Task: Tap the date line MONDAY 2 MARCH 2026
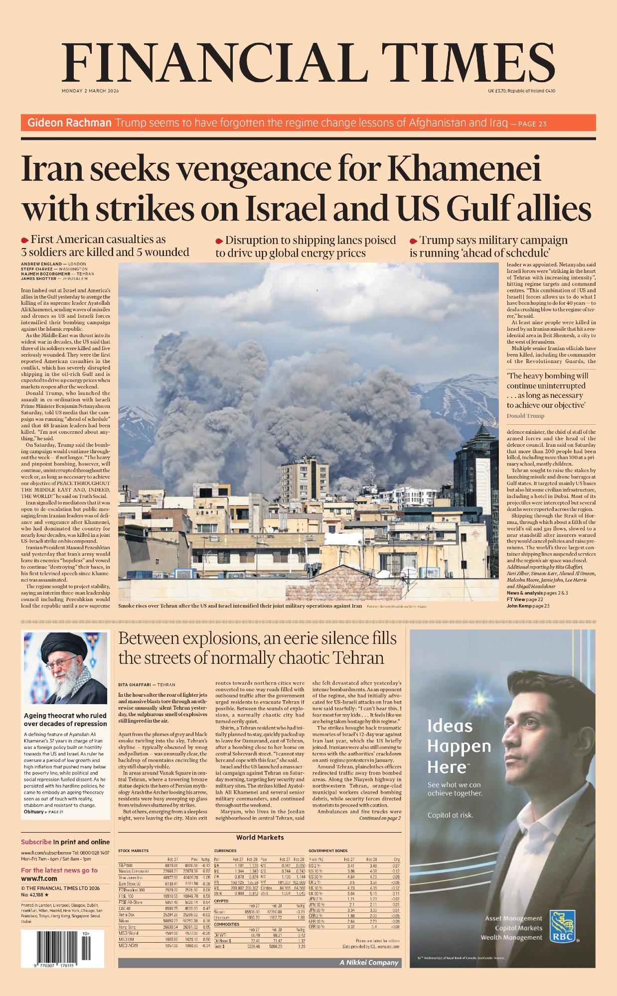tap(90, 91)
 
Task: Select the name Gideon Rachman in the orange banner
tap(69, 123)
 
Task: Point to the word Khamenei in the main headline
tap(464, 169)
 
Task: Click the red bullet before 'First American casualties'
tap(25, 241)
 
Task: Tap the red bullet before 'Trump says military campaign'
tap(413, 241)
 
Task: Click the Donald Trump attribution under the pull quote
tap(525, 416)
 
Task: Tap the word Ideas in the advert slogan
tap(450, 726)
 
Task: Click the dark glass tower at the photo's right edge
tap(476, 478)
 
